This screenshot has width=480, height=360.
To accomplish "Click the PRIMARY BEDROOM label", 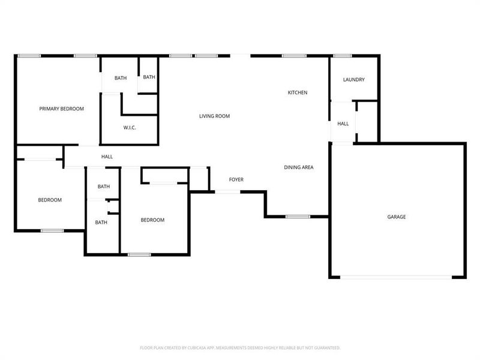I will click(61, 109).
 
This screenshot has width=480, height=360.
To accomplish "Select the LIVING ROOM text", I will click(214, 116).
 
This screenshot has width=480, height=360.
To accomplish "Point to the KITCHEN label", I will click(298, 92).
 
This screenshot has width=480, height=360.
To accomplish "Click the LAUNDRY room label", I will click(353, 80).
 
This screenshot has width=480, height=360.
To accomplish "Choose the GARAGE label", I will click(396, 217).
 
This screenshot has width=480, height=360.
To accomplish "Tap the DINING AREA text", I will click(299, 167).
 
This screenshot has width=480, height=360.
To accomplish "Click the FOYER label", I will click(236, 179).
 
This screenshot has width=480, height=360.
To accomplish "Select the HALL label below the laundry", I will click(343, 124).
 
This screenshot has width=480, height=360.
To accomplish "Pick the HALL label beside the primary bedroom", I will click(107, 157).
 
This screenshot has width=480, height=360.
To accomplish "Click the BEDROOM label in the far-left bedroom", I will click(50, 200).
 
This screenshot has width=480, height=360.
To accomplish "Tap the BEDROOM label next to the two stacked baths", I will click(152, 220).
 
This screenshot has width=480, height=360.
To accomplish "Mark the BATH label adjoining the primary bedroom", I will click(121, 78).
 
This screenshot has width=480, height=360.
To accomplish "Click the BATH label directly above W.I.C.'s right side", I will click(149, 77).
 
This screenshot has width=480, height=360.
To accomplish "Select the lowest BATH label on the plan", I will click(101, 223).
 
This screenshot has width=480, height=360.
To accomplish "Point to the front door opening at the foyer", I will click(227, 191).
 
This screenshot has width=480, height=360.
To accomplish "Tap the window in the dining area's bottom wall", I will click(297, 216).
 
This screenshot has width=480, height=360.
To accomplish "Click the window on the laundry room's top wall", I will click(342, 56).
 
